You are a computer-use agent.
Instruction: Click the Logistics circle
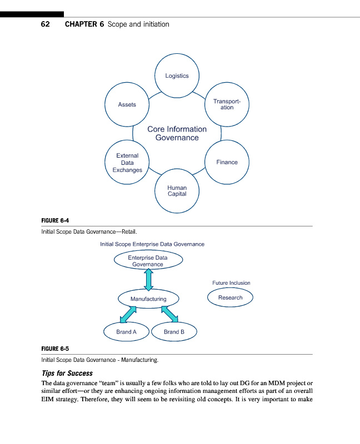pyautogui.click(x=177, y=76)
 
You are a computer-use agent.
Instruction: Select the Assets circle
pyautogui.click(x=127, y=104)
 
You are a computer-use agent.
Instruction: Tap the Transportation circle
pyautogui.click(x=227, y=104)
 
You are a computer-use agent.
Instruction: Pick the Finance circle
pyautogui.click(x=227, y=162)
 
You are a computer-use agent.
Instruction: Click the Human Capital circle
pyautogui.click(x=177, y=191)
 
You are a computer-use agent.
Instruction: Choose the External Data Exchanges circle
pyautogui.click(x=127, y=163)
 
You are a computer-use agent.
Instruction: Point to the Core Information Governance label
pyautogui.click(x=177, y=133)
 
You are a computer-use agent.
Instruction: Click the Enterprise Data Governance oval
pyautogui.click(x=148, y=261)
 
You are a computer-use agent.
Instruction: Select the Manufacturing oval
pyautogui.click(x=148, y=299)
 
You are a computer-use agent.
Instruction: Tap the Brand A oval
pyautogui.click(x=127, y=332)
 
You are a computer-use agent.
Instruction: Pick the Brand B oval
pyautogui.click(x=174, y=332)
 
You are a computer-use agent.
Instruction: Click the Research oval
pyautogui.click(x=230, y=297)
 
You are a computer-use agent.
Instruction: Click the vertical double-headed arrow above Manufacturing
pyautogui.click(x=148, y=280)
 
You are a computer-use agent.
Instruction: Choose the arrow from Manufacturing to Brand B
pyautogui.click(x=169, y=315)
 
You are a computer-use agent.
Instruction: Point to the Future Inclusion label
pyautogui.click(x=231, y=283)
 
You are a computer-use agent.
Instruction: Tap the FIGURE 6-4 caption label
pyautogui.click(x=55, y=221)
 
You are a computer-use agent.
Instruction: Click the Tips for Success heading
pyautogui.click(x=67, y=373)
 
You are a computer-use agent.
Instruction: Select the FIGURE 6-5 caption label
pyautogui.click(x=55, y=349)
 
